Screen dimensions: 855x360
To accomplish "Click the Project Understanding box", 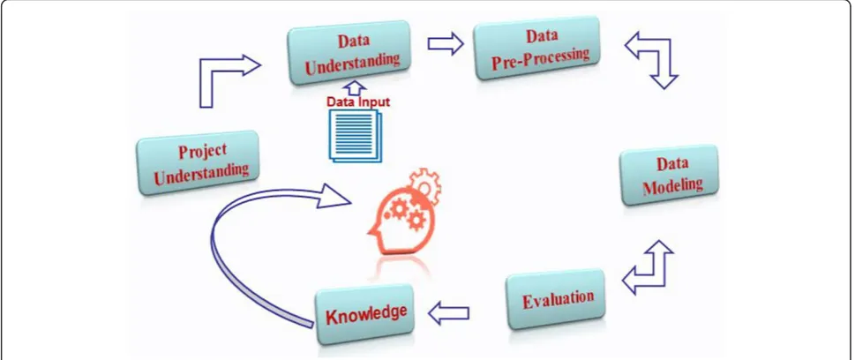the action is coord(199,162).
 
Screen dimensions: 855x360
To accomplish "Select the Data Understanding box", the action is coord(350,53).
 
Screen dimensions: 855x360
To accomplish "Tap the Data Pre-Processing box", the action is coord(538,48).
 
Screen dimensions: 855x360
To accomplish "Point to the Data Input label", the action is coord(358,101).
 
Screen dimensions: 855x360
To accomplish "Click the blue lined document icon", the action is coord(355,136).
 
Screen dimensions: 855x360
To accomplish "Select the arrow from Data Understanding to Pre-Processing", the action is coord(446,43).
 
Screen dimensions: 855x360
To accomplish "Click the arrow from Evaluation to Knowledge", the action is coord(448,313).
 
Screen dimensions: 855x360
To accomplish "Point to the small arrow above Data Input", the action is coord(356,88).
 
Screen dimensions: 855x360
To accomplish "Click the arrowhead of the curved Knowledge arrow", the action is coord(334,195).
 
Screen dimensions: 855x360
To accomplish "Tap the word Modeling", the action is coord(673,185).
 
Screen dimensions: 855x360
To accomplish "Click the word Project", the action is coord(202,151).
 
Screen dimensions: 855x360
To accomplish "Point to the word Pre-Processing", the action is coord(541,59).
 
